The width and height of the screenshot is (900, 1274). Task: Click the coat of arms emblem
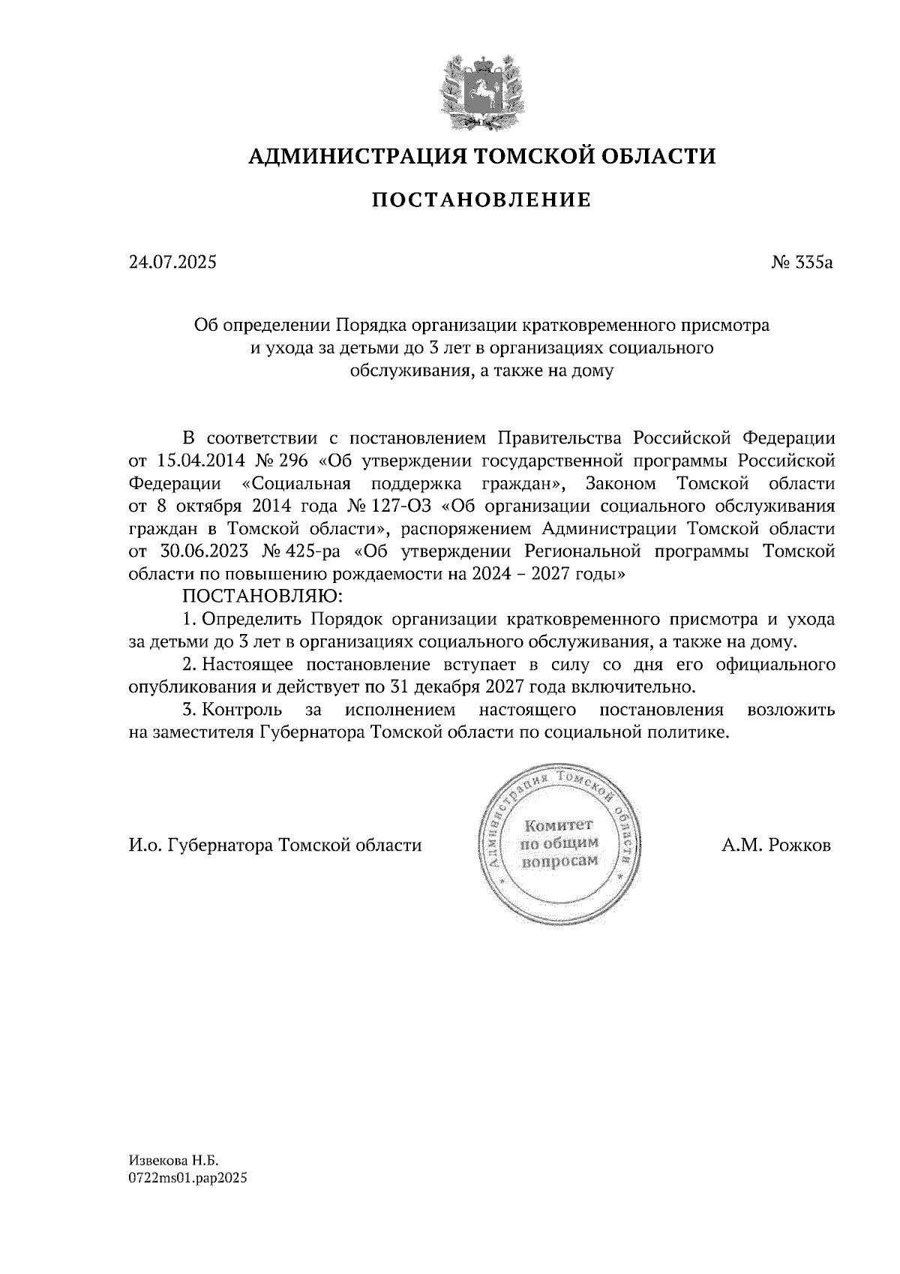481,92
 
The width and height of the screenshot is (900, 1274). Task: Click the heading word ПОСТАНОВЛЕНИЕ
481,200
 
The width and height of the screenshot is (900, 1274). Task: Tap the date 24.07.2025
172,263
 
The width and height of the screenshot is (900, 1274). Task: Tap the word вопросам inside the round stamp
561,861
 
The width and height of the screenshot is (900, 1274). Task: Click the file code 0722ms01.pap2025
187,1179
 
